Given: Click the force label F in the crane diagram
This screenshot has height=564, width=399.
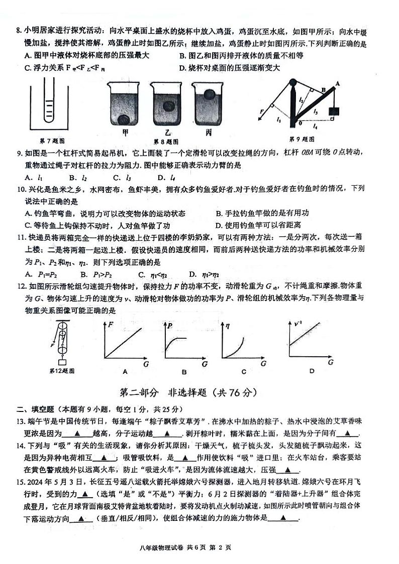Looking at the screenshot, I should coord(262,111).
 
